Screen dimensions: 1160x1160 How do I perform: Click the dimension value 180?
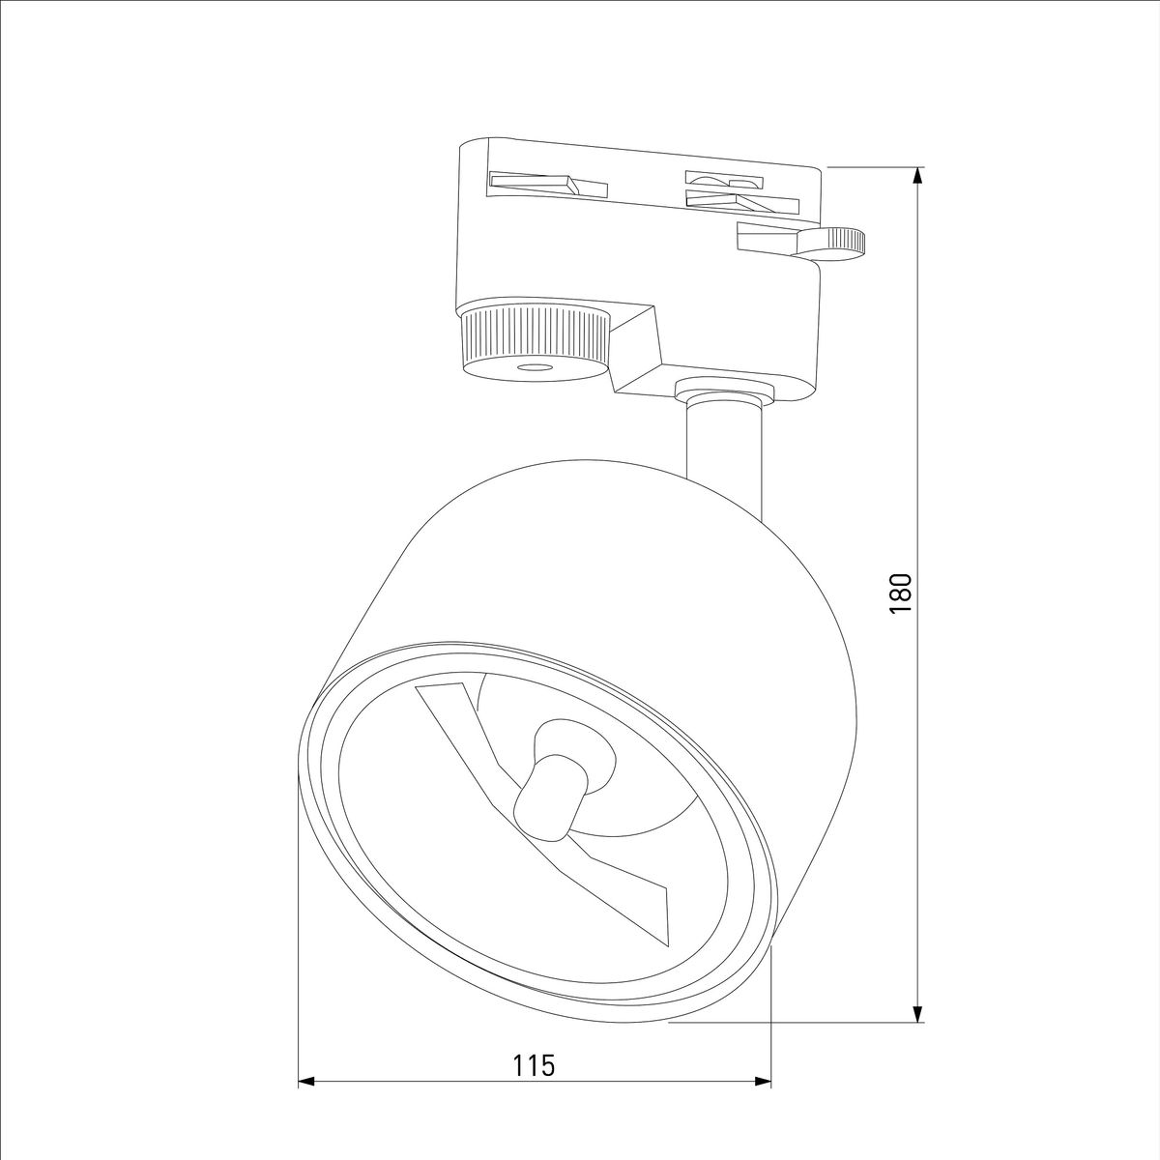[x=900, y=594]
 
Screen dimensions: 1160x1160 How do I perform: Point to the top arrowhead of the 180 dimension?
[x=917, y=175]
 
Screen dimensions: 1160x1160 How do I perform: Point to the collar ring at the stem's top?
[x=725, y=391]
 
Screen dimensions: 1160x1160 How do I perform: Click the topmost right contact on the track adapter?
[x=723, y=179]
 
